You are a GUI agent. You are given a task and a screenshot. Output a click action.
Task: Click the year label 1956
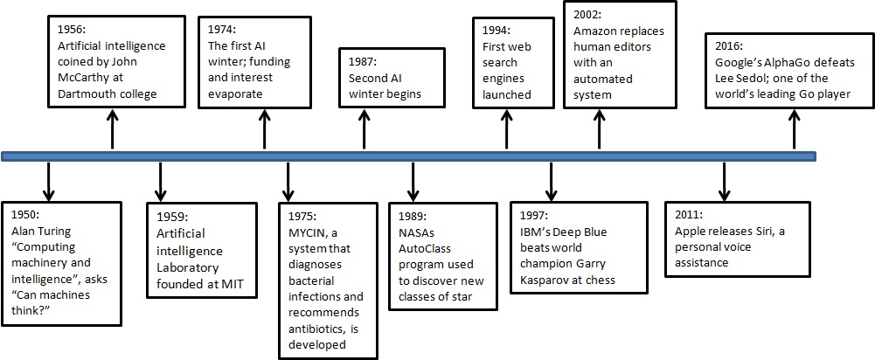73,27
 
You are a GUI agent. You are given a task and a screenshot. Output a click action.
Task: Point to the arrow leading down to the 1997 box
551,181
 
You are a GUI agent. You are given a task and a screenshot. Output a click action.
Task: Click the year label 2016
730,45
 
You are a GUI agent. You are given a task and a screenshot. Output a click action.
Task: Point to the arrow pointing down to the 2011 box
723,181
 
